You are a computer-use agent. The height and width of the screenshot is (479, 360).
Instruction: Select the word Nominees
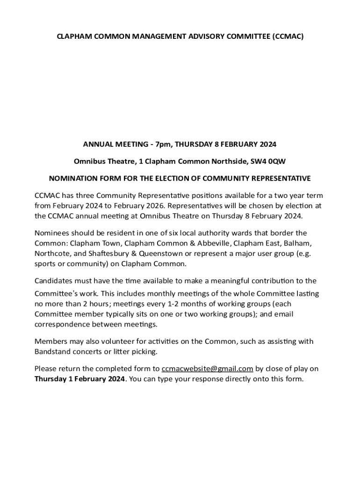tap(52, 233)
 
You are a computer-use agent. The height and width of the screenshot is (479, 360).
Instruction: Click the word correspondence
tap(65, 324)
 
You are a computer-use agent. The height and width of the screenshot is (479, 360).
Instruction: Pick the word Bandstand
tap(52, 351)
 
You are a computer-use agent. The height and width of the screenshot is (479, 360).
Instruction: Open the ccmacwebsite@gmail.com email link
tap(207, 369)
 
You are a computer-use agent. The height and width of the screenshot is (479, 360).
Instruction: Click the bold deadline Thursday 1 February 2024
tap(79, 379)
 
